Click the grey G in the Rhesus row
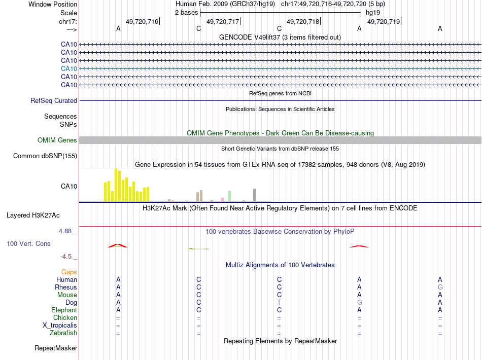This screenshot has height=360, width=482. click(x=440, y=287)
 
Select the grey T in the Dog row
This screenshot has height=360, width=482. click(x=279, y=302)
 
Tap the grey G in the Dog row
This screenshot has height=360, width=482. click(x=359, y=302)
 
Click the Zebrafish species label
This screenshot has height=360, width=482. click(x=64, y=333)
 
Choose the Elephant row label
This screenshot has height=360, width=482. click(x=64, y=310)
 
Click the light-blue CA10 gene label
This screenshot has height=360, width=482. click(x=68, y=68)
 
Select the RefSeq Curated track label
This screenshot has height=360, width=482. click(x=54, y=101)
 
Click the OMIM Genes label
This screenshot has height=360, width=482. click(x=57, y=140)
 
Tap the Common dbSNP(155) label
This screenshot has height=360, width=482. click(x=45, y=156)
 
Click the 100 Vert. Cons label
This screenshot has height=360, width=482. click(x=29, y=244)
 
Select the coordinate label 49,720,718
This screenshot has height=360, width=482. click(x=303, y=21)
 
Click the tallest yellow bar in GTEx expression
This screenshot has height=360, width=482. click(x=116, y=185)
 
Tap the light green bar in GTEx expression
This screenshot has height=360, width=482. click(x=230, y=196)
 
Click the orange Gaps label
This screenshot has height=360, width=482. click(x=69, y=272)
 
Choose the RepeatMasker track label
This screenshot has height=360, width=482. click(x=56, y=348)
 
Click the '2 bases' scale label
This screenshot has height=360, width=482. click(x=186, y=13)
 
